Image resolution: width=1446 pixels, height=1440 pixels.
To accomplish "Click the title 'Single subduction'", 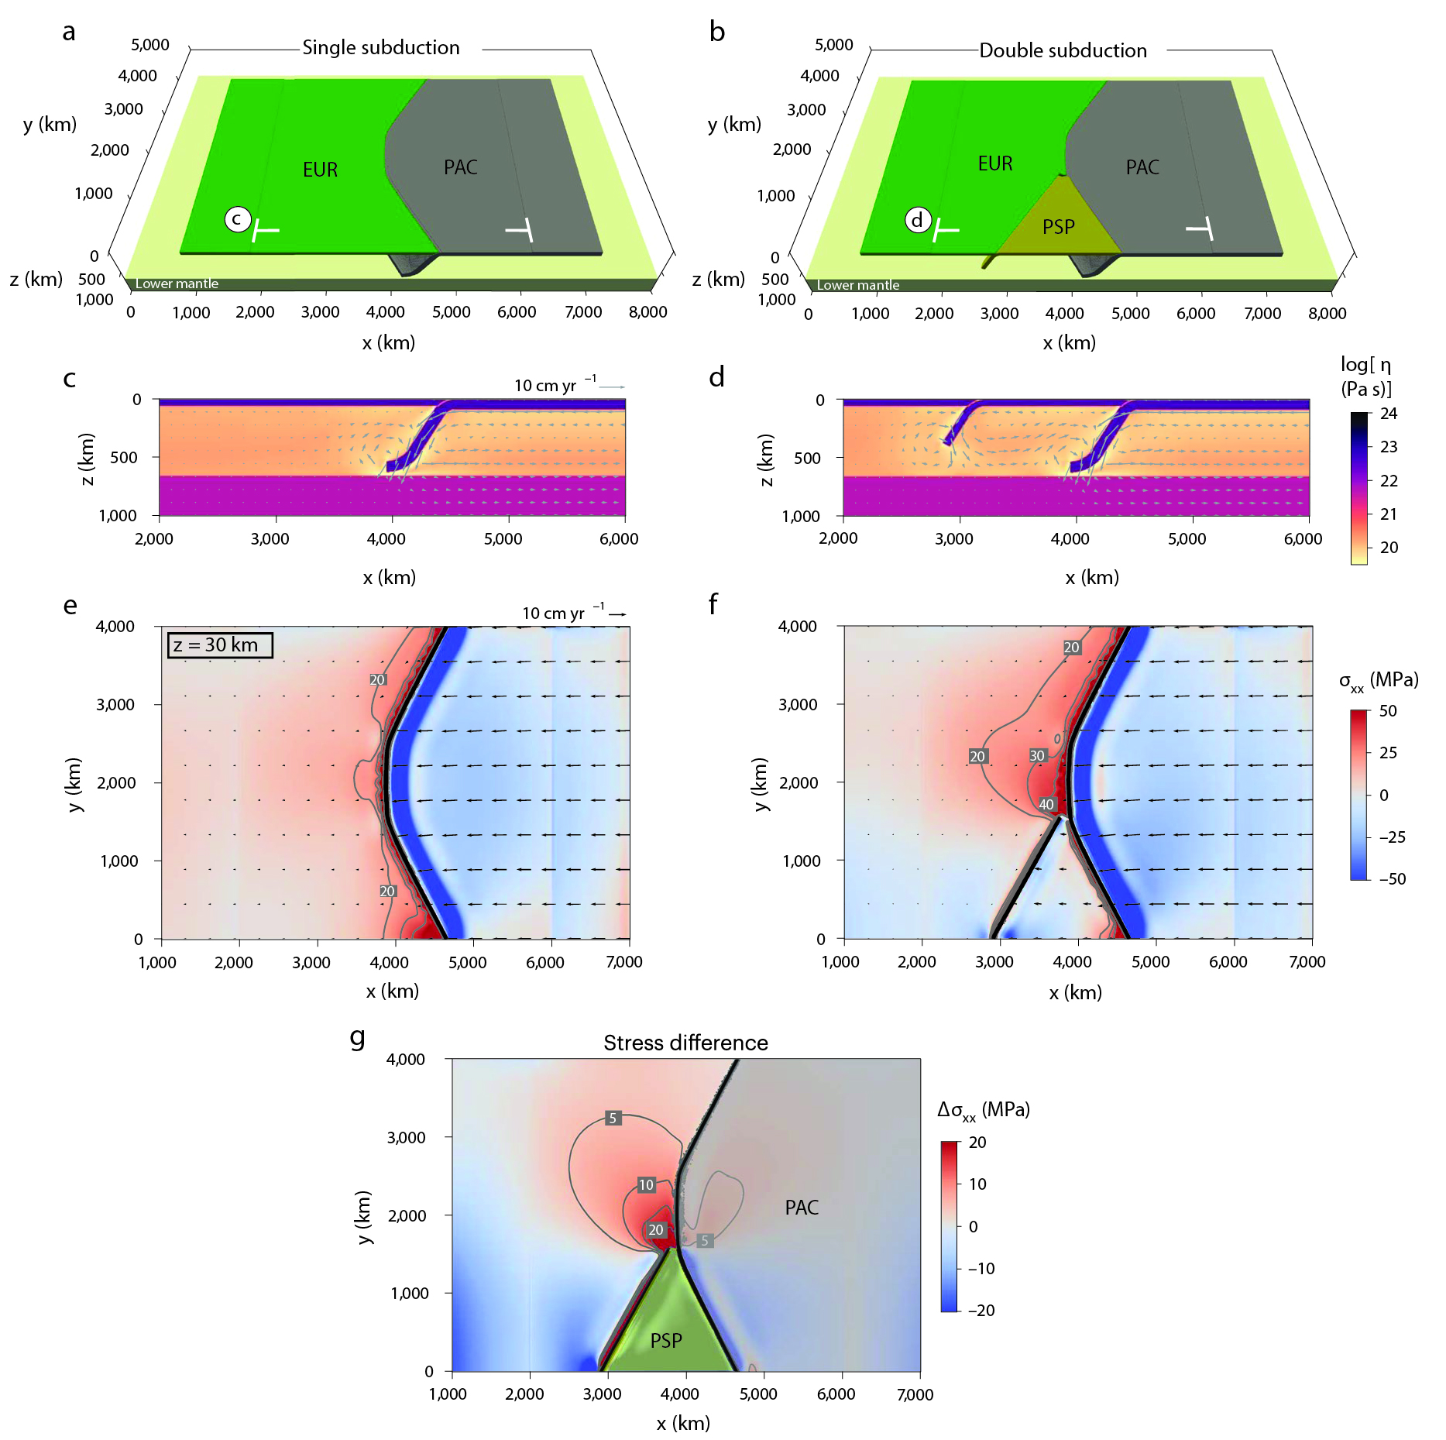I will coord(380,48).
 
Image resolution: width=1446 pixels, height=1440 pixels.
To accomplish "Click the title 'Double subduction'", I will coord(1063,51).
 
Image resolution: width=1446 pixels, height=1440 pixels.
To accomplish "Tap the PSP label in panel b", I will coord(1058,227).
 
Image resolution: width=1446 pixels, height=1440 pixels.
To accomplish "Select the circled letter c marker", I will coord(238,219).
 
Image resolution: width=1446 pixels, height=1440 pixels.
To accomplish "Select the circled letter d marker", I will coord(917,221).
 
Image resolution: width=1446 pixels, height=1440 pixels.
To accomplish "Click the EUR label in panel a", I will coord(320,170).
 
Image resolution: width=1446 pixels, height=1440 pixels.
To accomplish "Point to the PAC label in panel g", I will coord(802,1208).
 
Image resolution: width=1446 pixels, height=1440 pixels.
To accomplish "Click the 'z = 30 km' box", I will coord(220,645).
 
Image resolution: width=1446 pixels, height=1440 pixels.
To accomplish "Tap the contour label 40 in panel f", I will coord(1046,804).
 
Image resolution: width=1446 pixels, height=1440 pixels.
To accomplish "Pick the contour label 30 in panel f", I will coord(1037,756).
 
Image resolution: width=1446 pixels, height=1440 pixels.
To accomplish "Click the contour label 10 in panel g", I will coord(646,1184).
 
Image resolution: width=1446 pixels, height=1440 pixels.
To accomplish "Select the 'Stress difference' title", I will coord(685,1043).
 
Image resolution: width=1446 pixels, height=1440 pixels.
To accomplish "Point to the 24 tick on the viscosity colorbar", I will coord(1389,414).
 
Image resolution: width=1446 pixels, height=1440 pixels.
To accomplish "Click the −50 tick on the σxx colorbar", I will coord(1392,879).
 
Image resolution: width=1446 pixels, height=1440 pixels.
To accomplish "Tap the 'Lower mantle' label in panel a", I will coord(177,284).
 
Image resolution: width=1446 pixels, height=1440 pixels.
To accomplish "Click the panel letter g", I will coord(358,1036).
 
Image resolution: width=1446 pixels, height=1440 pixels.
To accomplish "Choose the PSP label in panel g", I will coord(666,1341).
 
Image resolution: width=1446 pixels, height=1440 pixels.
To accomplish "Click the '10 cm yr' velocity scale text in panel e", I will coord(553,613).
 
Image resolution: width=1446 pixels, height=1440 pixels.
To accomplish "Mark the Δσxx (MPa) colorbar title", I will coord(983,1110).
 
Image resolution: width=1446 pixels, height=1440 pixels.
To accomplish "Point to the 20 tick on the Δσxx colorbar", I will coord(977,1143).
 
